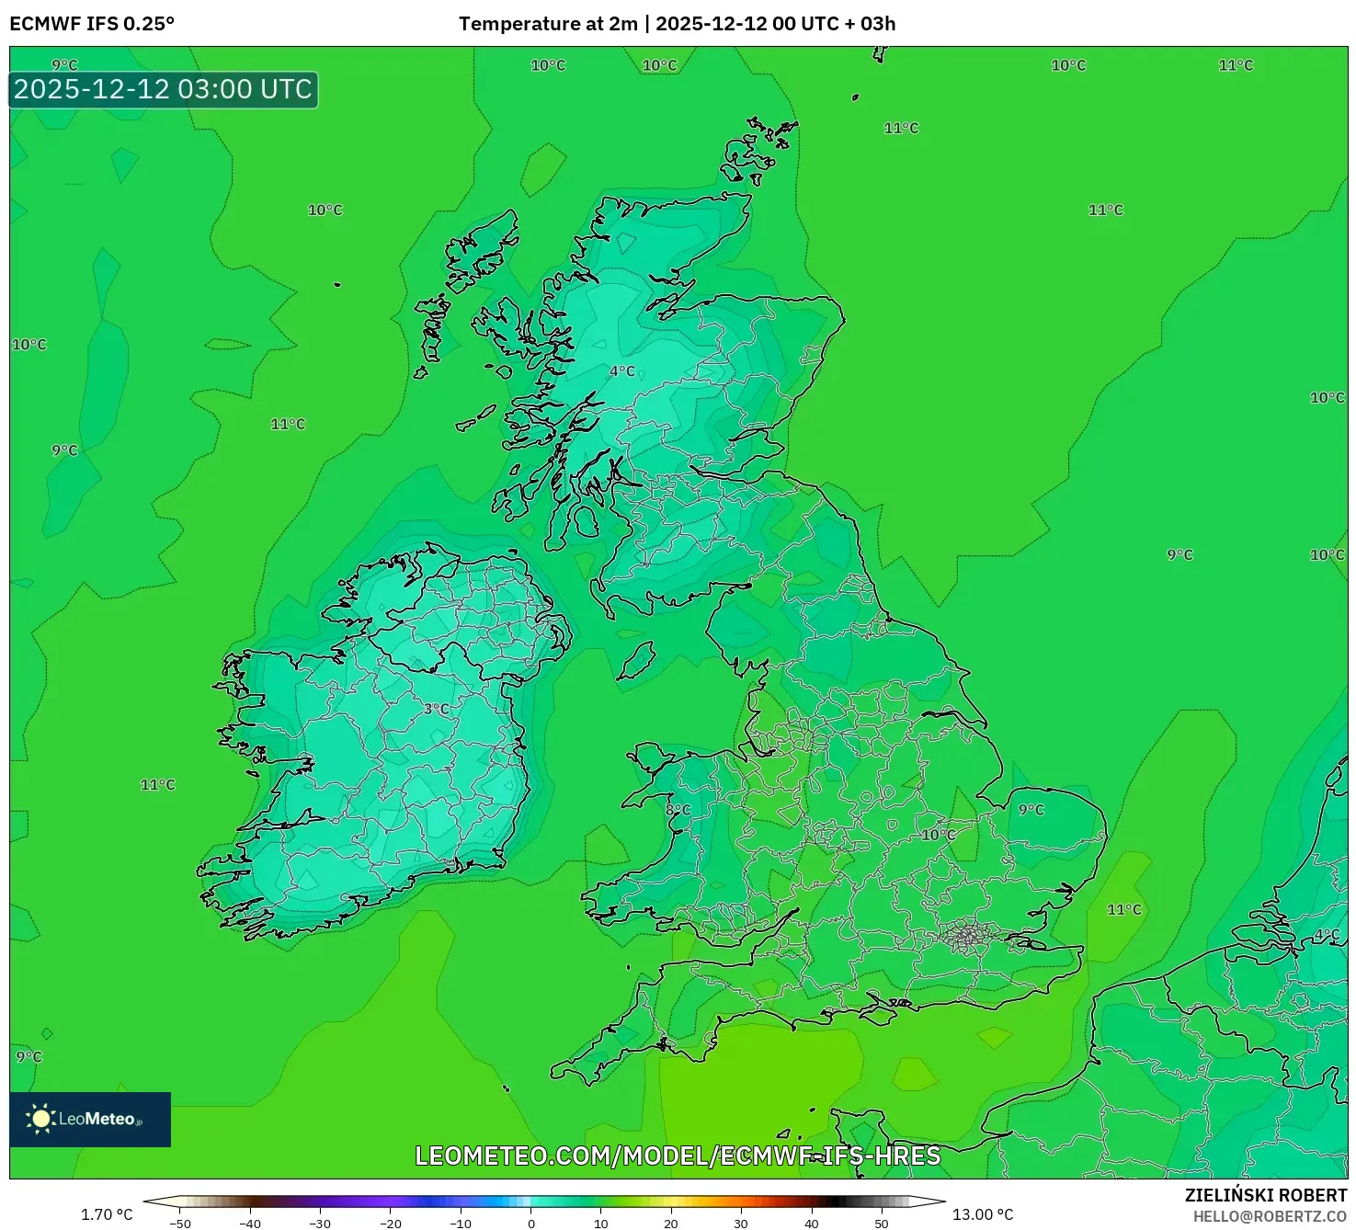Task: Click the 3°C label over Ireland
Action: [x=437, y=709]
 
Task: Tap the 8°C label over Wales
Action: [x=678, y=810]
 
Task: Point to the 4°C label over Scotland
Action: [x=622, y=370]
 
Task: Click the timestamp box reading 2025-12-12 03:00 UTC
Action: [x=164, y=90]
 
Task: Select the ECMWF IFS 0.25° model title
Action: [x=92, y=24]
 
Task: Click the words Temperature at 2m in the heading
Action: [x=548, y=24]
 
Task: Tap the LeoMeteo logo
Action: [x=90, y=1119]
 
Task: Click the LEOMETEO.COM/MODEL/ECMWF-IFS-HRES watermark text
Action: [x=678, y=1156]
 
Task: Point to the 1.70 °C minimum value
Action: [x=107, y=1214]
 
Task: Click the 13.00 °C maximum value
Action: [x=983, y=1214]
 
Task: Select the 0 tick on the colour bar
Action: [x=530, y=1224]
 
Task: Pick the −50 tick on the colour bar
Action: [x=180, y=1224]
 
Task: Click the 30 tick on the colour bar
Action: [x=741, y=1224]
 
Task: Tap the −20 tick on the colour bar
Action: [x=391, y=1224]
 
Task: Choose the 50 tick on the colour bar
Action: [x=881, y=1224]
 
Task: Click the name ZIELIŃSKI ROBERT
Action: [x=1266, y=1195]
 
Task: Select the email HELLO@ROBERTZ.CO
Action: [x=1271, y=1216]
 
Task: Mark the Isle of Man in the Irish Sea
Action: [x=636, y=660]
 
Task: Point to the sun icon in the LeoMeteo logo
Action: [x=40, y=1119]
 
